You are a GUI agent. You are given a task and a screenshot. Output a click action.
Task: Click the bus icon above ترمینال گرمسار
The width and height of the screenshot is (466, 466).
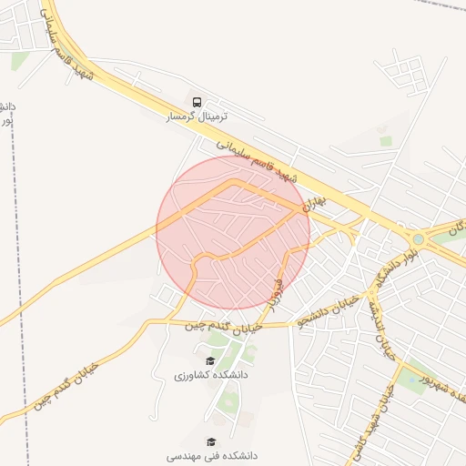[198, 100]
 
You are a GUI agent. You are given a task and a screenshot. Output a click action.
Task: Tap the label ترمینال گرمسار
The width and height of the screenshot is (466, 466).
[197, 117]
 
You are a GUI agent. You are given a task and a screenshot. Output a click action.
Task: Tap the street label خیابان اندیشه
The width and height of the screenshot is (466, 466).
[382, 328]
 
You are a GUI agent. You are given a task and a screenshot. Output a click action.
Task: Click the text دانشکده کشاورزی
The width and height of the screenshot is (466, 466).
[211, 374]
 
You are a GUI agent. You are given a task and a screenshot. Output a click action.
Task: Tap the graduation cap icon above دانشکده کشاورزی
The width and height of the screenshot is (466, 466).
[212, 360]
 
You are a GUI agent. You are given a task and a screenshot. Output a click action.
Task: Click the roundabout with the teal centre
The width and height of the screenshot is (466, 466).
[418, 239]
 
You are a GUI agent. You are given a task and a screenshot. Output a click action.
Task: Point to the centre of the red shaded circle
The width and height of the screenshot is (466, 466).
[233, 232]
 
